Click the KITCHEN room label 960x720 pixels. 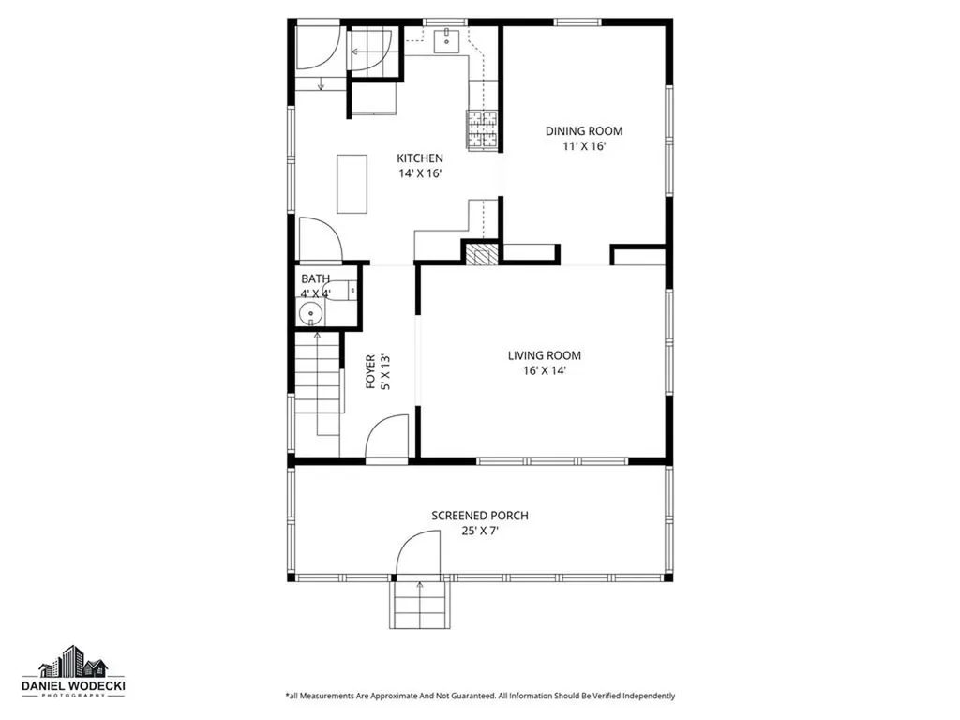(419, 158)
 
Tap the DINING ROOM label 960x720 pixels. (584, 131)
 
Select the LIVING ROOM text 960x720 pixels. (544, 355)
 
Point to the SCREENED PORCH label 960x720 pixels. (479, 516)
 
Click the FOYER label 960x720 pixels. (370, 371)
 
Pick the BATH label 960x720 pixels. (315, 278)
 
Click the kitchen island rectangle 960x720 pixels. (352, 184)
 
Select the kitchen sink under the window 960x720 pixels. (448, 38)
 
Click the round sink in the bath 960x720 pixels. (310, 314)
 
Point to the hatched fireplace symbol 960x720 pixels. (484, 256)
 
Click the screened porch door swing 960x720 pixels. (418, 553)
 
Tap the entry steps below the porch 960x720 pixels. (418, 606)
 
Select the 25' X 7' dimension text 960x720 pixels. (479, 532)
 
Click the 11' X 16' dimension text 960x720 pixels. (584, 147)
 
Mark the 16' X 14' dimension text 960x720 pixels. (544, 371)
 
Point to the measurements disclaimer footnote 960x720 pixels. (479, 696)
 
